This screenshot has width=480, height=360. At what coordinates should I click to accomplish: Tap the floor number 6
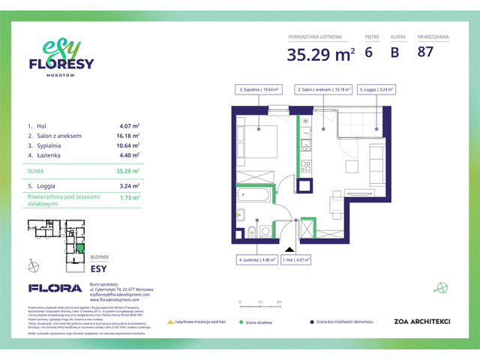tap(368, 52)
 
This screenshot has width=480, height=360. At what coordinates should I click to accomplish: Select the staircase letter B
tap(394, 52)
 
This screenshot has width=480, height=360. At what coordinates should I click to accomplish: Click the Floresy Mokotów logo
tap(61, 58)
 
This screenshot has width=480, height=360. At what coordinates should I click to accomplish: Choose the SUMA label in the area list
tap(37, 171)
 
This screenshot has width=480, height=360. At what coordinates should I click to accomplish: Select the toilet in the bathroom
tap(254, 231)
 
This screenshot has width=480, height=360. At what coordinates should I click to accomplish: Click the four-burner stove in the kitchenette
tap(306, 165)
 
